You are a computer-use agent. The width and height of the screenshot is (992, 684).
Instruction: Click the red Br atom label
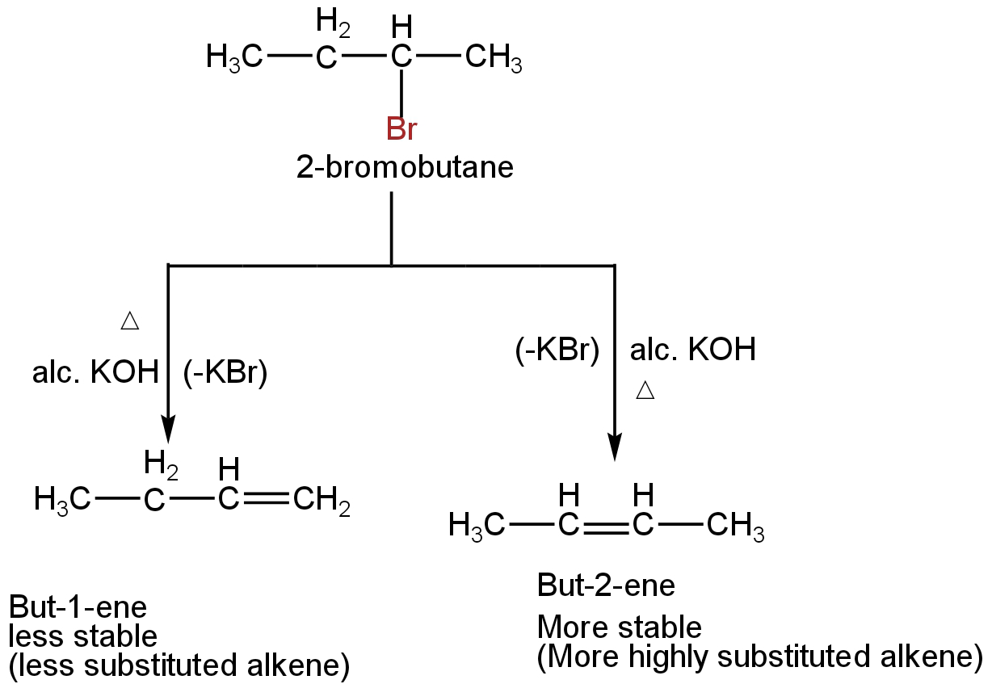(x=401, y=129)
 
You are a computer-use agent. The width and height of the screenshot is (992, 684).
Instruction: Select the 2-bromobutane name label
(x=404, y=168)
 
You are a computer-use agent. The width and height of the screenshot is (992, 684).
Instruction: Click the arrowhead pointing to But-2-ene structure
(x=615, y=446)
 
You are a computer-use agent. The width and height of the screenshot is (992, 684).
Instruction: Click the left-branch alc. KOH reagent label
(x=95, y=375)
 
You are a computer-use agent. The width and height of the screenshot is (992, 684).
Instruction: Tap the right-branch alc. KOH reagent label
(x=692, y=350)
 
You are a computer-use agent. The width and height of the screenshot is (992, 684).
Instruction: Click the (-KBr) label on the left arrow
(x=225, y=375)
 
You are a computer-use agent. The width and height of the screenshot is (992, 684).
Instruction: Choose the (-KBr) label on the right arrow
(x=556, y=350)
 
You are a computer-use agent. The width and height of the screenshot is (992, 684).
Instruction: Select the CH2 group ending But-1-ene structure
(x=322, y=502)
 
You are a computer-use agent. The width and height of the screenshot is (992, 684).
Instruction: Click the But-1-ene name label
(x=78, y=609)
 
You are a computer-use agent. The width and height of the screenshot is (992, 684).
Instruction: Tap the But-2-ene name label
(x=606, y=585)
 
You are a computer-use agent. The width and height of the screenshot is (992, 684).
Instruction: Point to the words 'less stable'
(x=82, y=637)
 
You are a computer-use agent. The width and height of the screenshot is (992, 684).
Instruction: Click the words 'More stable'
(x=620, y=627)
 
